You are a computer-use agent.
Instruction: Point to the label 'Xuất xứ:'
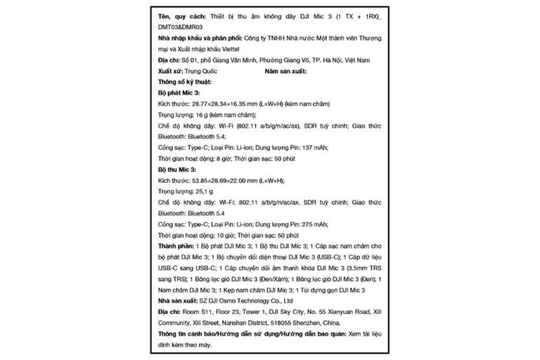(170, 72)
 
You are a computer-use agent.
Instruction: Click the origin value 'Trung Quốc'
(201, 72)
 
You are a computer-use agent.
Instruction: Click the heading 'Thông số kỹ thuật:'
(185, 83)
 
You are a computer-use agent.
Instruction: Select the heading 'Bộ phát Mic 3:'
(179, 94)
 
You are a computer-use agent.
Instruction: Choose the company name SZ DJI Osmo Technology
(235, 299)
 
